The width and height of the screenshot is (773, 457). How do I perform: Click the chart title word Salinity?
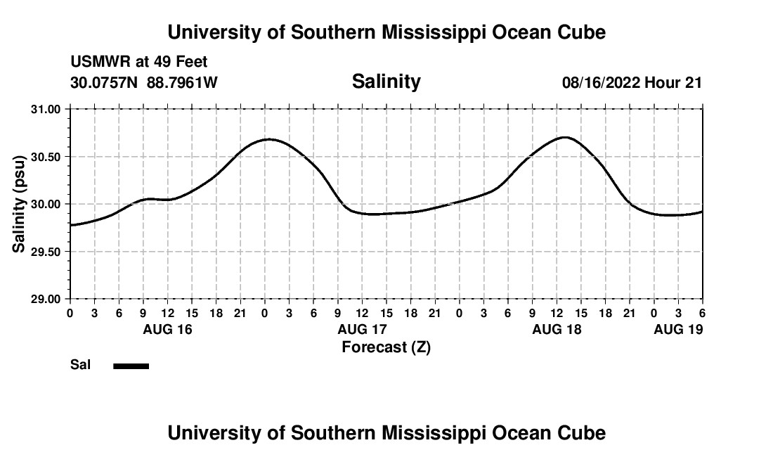point(386,82)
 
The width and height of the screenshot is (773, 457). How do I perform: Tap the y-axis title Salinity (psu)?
point(19,203)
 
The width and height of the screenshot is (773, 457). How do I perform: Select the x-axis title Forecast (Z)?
point(386,347)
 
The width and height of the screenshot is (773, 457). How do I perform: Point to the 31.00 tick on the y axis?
point(46,109)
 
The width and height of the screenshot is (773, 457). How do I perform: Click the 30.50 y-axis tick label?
point(46,157)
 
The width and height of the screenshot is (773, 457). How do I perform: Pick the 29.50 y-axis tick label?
point(46,252)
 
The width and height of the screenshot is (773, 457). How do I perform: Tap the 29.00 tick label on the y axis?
point(46,299)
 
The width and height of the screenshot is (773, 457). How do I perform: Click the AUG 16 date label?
point(168,329)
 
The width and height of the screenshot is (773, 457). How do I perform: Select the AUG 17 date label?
point(362,329)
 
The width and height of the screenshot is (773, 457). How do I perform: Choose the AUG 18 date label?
point(557,329)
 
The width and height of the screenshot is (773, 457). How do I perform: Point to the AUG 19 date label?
point(678,329)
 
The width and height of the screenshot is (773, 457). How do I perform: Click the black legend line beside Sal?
point(131,366)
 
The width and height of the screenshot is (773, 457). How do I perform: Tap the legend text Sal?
point(80,365)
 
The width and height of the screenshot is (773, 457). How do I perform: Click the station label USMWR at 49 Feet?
point(139,63)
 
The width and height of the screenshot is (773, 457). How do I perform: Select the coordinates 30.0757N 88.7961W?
point(144,83)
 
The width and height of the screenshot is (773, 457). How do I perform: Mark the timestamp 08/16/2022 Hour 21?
point(632,83)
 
